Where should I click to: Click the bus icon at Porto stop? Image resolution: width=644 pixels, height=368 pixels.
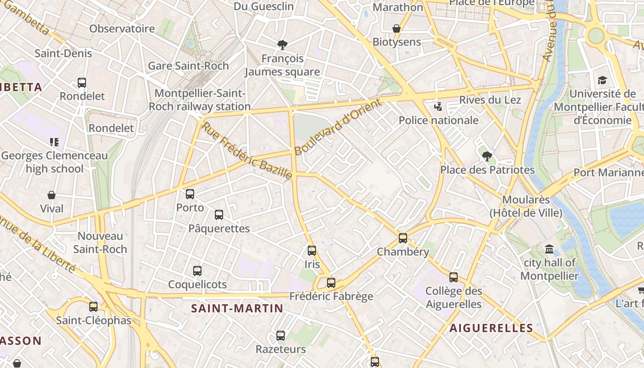[190, 194]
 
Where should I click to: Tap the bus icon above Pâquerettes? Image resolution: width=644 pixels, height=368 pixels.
[219, 215]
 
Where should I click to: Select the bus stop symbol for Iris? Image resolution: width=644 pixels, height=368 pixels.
[312, 251]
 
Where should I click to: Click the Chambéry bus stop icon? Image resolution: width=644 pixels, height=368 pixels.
[403, 238]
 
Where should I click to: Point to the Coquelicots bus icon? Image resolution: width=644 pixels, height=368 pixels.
[197, 270]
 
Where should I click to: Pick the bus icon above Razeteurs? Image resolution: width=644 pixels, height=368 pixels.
[281, 336]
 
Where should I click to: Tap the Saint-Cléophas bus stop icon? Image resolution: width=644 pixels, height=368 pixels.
[93, 306]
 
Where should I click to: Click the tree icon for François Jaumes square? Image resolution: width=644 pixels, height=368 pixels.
[282, 45]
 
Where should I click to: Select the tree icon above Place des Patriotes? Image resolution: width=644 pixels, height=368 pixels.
[487, 156]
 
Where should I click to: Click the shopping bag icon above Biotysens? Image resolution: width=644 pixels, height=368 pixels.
[397, 29]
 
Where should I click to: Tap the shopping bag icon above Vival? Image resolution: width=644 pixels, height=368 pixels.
[52, 195]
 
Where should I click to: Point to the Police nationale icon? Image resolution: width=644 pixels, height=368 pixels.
[438, 107]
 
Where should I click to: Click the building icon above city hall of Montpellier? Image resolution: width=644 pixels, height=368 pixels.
[549, 249]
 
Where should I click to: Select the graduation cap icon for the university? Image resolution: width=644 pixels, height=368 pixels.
[602, 80]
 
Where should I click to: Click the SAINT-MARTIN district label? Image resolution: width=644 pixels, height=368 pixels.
[237, 308]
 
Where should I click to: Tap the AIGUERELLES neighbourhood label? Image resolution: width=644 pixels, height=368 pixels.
[491, 328]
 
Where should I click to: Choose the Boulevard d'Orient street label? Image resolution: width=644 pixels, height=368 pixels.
[338, 126]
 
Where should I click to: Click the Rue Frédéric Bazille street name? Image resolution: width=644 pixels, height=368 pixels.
[247, 150]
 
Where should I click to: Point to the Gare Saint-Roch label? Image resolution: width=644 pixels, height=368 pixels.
[188, 66]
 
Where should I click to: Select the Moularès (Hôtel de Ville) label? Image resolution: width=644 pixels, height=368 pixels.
[526, 207]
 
